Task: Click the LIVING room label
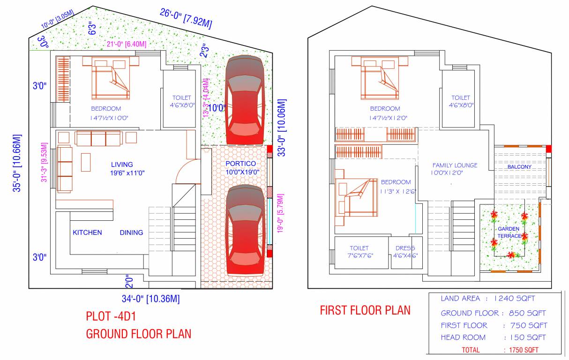pos(122,165)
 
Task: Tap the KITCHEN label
pos(87,232)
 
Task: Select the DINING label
pos(131,232)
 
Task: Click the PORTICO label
pos(240,164)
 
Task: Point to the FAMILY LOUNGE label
pos(455,165)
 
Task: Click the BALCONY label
pos(519,167)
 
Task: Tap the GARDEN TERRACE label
pos(509,232)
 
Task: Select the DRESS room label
pos(405,248)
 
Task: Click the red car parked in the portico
pos(245,231)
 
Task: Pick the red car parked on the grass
pos(245,101)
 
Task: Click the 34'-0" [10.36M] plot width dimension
pos(150,299)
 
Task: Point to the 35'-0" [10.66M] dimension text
pos(17,163)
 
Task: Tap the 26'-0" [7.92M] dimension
pos(186,19)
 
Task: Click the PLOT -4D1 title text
pos(111,316)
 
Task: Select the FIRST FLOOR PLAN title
pos(365,310)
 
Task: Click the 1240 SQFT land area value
pos(514,298)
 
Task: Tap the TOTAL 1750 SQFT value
pos(524,350)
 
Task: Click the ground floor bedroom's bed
pos(111,78)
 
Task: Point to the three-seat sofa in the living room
pos(98,138)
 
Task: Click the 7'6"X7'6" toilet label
pos(360,255)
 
